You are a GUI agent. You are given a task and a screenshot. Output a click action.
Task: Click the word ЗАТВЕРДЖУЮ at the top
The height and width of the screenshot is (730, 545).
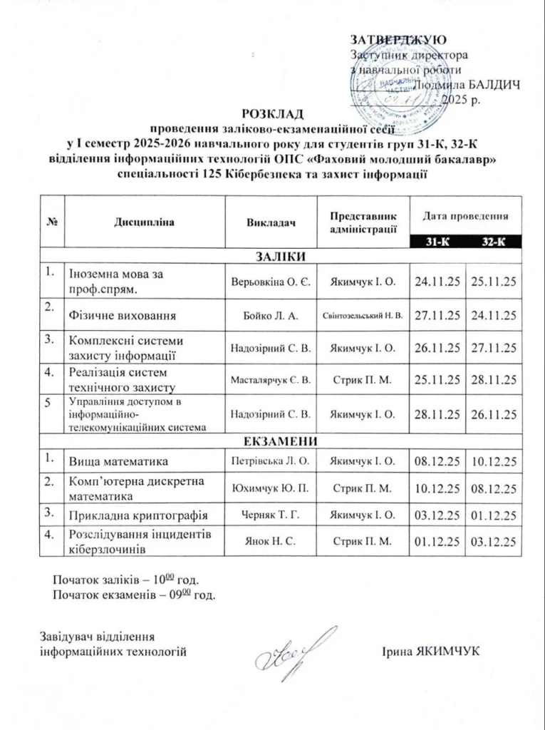click(398, 40)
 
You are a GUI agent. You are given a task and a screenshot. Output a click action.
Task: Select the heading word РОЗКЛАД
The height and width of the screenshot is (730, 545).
click(272, 114)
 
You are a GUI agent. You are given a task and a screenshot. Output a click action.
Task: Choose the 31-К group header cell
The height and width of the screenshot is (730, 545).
click(437, 242)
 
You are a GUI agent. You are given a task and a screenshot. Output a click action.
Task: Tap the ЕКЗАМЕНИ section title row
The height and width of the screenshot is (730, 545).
click(280, 440)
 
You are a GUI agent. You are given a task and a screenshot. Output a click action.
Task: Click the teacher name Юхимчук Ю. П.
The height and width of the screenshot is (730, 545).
click(270, 488)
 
